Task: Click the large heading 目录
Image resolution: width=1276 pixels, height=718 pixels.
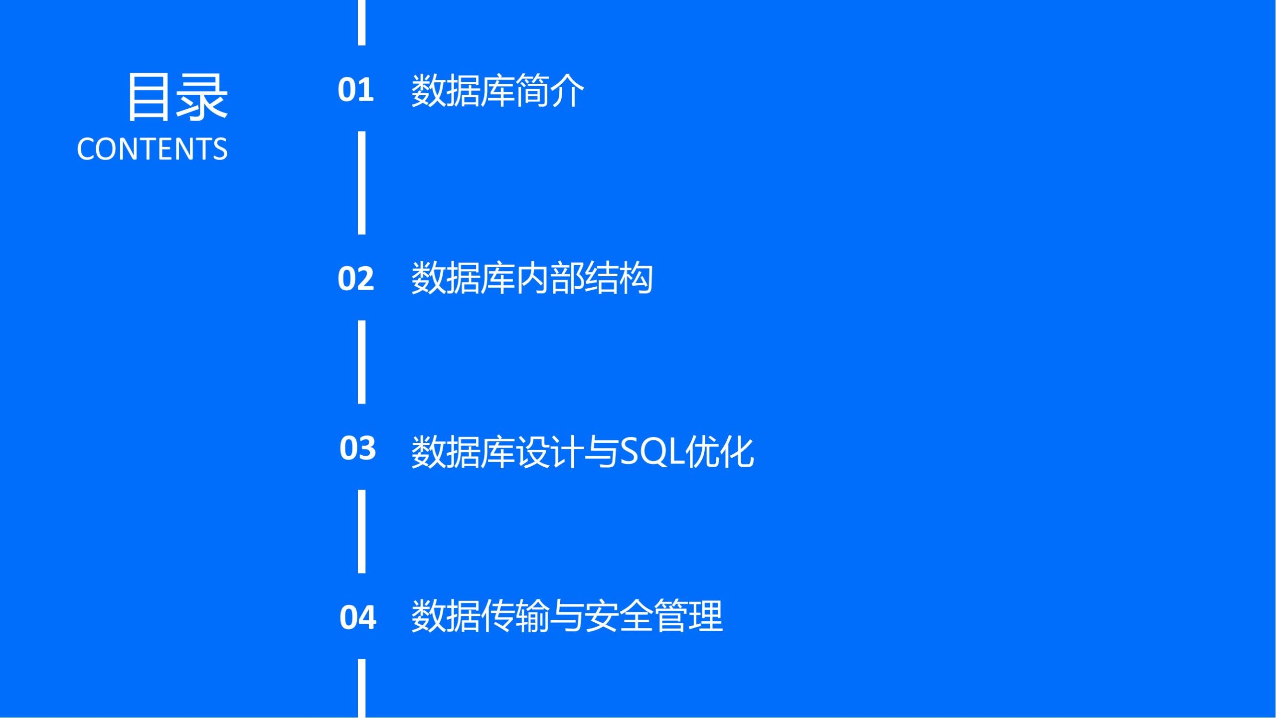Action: coord(177,96)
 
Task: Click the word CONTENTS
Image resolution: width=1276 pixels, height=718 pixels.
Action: coord(153,149)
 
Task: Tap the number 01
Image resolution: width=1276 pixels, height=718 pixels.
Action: coord(356,90)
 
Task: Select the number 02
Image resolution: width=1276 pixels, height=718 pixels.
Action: coord(356,278)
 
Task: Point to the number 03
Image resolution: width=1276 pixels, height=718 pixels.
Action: coord(357,448)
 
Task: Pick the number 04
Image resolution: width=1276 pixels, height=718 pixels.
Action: coord(357,617)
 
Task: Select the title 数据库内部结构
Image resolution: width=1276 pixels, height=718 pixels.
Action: coord(532,278)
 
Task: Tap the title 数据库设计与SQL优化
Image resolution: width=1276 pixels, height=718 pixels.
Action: coord(582,451)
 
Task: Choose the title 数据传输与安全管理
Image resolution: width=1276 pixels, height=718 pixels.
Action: coord(567,616)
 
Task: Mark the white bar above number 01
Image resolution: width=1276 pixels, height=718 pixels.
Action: coord(361,22)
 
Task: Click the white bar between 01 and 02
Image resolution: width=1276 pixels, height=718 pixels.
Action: coord(361,183)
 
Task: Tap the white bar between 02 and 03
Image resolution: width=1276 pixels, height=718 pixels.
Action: coord(361,362)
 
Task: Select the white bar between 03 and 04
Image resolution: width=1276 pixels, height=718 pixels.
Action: coord(361,532)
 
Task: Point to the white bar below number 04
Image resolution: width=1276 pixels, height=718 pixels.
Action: coord(361,689)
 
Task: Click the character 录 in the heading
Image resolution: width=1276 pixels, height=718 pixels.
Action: coord(203,96)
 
